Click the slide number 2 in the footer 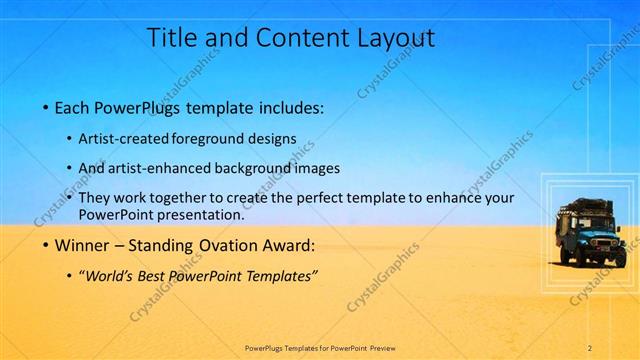(x=589, y=348)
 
